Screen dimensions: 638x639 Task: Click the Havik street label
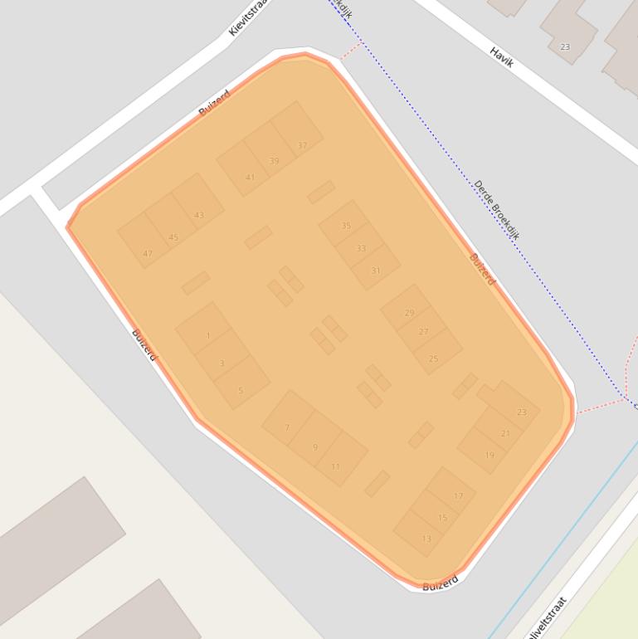point(502,56)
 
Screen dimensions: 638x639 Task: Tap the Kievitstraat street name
point(248,18)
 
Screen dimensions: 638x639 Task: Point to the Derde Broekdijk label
point(496,210)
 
